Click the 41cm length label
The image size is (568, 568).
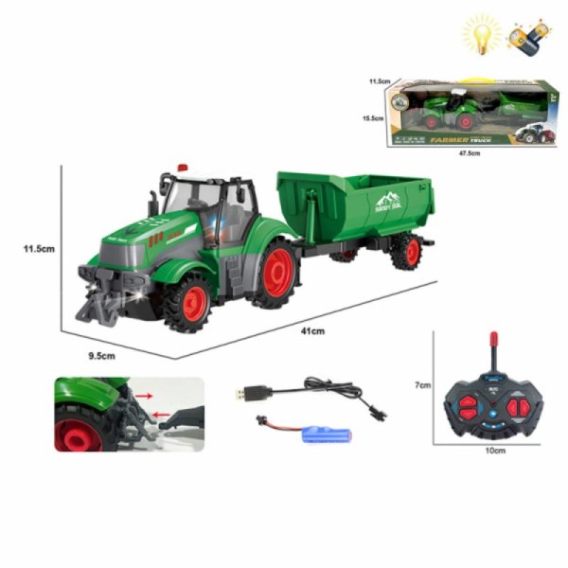[x=312, y=330]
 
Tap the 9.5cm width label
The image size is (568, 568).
[x=101, y=355]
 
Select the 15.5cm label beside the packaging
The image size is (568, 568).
[x=370, y=118]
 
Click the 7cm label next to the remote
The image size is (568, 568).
[x=423, y=385]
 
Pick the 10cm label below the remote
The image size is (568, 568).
[x=495, y=451]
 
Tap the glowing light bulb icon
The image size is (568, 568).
[x=481, y=36]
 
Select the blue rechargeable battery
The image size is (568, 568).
[x=326, y=435]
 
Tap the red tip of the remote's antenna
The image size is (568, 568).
[x=493, y=338]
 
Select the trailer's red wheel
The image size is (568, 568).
[x=405, y=252]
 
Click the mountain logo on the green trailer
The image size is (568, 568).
[x=388, y=201]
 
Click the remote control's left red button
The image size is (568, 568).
[x=468, y=405]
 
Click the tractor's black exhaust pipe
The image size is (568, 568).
[x=154, y=203]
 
